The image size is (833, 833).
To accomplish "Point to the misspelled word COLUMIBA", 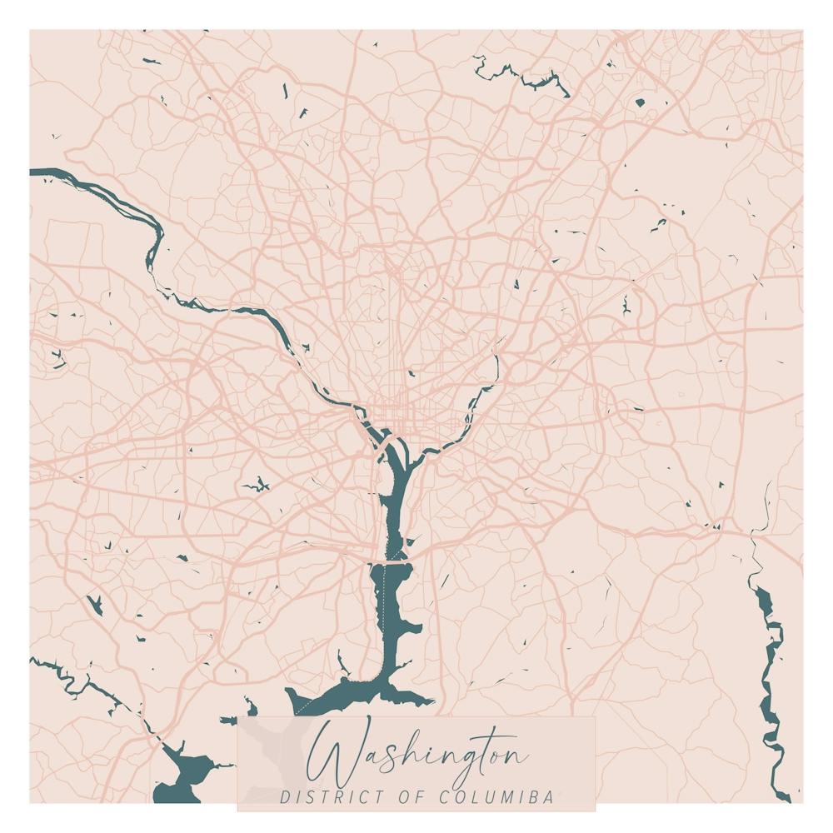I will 496,797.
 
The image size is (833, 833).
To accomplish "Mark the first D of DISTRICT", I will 285,797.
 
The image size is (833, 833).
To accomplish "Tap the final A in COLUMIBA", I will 548,797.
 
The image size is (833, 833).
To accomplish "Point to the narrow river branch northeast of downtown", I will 492,375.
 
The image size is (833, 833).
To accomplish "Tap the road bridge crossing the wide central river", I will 397,563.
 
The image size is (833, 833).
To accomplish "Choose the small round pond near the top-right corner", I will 640,103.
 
